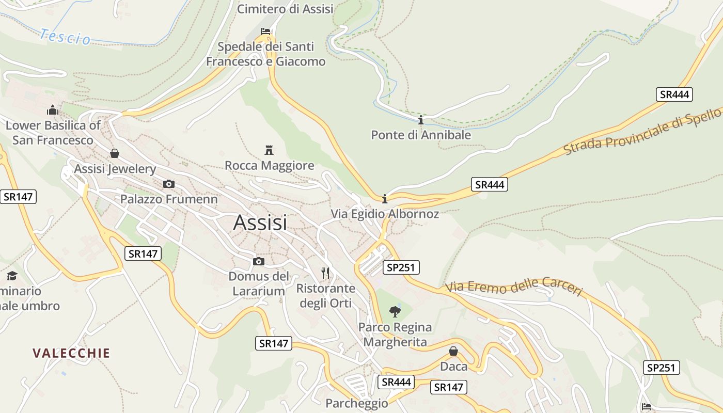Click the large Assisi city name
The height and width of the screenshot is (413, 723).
260,223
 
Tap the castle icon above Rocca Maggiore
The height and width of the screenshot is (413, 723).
269,150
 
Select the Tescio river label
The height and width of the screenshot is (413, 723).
65,37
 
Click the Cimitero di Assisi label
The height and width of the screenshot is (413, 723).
285,9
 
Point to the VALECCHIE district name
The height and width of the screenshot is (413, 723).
71,353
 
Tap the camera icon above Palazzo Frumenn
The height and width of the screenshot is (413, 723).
168,184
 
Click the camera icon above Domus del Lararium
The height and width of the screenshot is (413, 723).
259,262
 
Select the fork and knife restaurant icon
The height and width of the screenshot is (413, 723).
325,272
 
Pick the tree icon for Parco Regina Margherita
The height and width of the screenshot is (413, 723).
395,311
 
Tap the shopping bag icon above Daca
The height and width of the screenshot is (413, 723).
453,351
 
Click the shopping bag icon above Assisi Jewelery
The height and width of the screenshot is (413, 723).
115,153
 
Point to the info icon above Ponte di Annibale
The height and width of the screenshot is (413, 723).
421,120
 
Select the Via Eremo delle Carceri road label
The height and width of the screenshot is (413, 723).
514,287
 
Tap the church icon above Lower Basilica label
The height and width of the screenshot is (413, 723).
53,110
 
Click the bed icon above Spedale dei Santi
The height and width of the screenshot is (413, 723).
265,31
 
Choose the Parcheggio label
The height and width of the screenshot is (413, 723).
356,403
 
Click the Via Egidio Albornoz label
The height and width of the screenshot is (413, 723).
385,214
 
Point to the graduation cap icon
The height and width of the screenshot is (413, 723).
12,276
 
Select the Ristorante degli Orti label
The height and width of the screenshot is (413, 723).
326,295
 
